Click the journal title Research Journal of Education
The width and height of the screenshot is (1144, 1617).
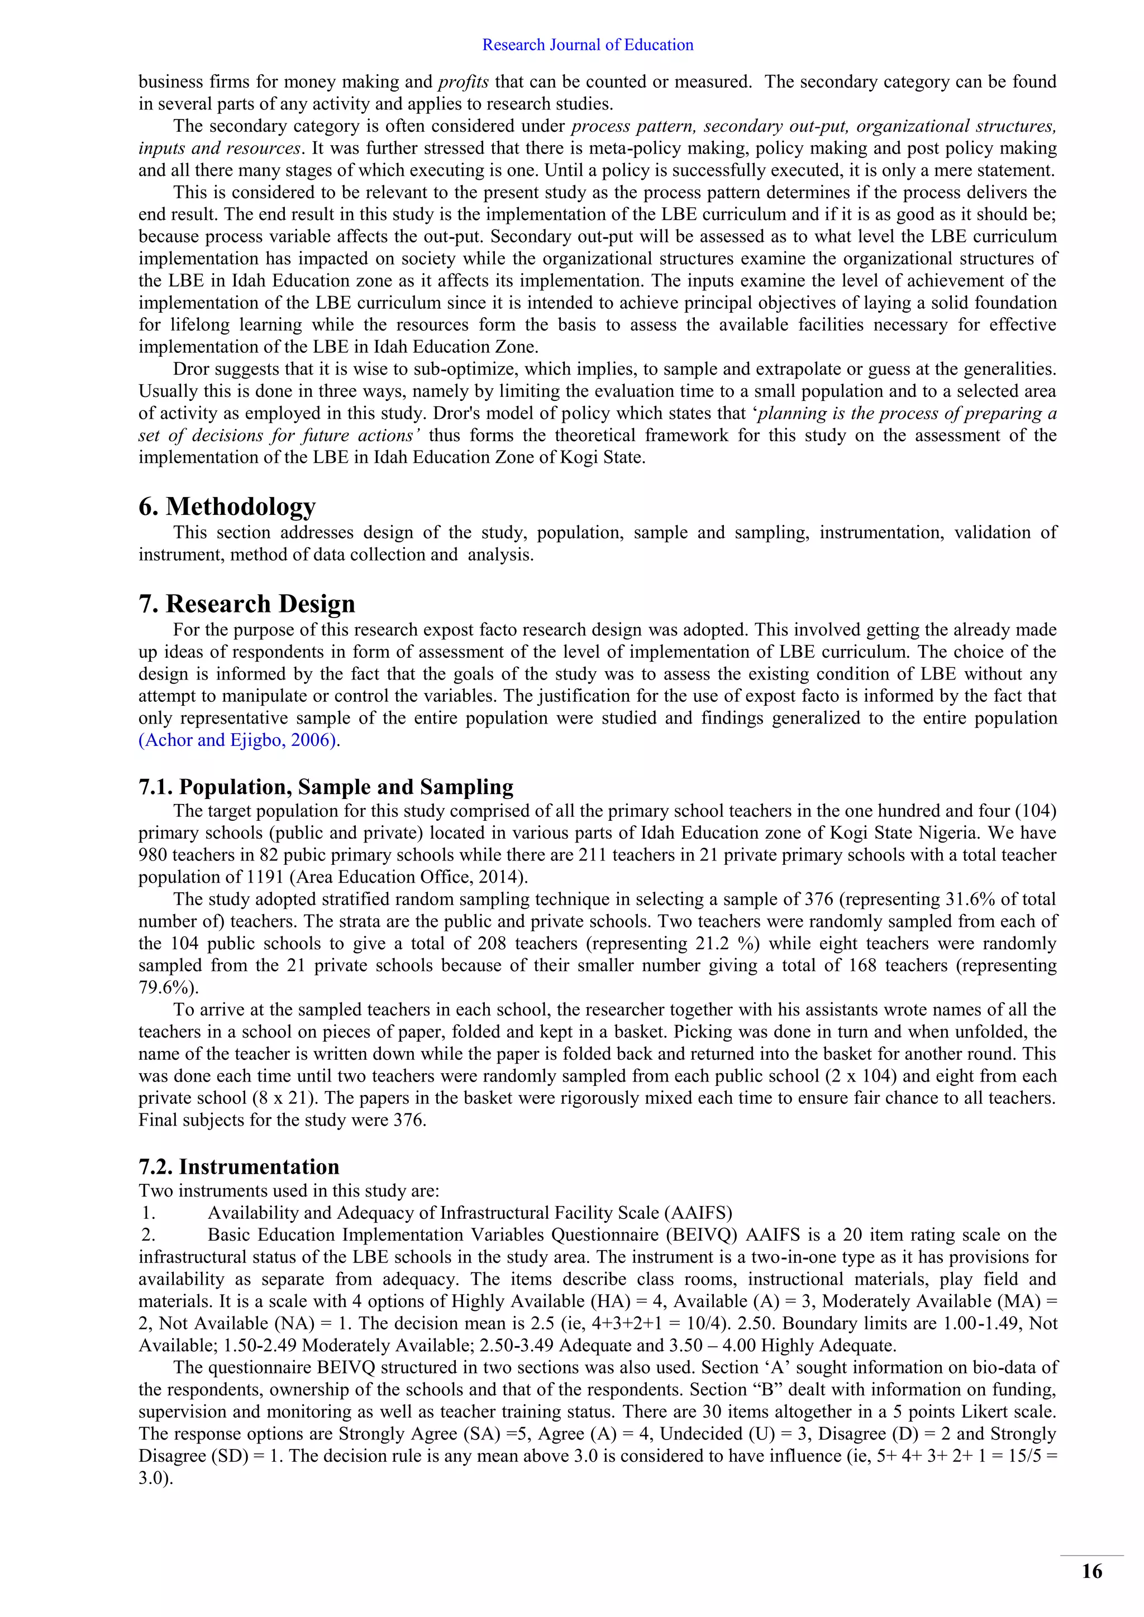coord(588,45)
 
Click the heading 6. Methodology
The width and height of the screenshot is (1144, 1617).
coord(227,506)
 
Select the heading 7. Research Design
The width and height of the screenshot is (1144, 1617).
coord(246,604)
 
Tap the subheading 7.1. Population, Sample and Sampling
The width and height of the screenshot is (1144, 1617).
coord(326,787)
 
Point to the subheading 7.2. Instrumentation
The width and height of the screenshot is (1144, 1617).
coord(239,1167)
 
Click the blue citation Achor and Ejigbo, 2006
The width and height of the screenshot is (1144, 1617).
coord(238,740)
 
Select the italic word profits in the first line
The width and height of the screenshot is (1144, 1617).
coord(463,82)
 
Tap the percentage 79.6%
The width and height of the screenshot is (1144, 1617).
coord(168,987)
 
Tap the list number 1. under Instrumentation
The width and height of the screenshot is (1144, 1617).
coord(148,1213)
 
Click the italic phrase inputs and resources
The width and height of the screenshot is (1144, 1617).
coord(220,149)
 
